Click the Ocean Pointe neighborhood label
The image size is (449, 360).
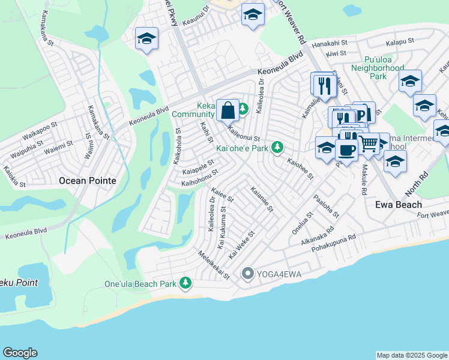pyautogui.click(x=88, y=180)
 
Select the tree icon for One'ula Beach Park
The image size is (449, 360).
pyautogui.click(x=186, y=282)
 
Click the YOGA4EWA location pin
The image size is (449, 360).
pyautogui.click(x=247, y=274)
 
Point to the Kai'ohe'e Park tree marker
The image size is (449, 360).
pyautogui.click(x=277, y=146)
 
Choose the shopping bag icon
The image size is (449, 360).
pyautogui.click(x=228, y=110)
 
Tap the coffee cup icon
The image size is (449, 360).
pyautogui.click(x=346, y=149)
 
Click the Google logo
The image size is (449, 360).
pyautogui.click(x=20, y=353)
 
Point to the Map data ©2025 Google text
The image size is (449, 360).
pyautogui.click(x=411, y=355)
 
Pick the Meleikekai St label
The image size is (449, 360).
pyautogui.click(x=214, y=265)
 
